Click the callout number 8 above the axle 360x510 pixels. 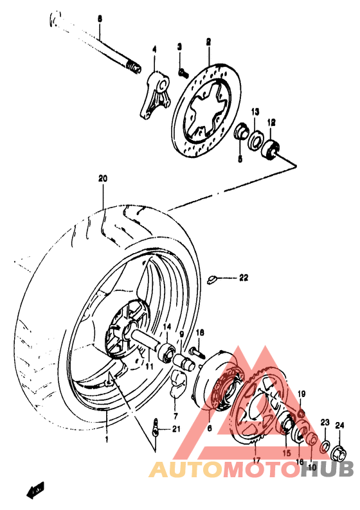[x=100, y=19]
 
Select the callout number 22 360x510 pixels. [x=243, y=278]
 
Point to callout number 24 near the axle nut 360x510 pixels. [x=339, y=424]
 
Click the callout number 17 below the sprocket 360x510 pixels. [x=255, y=460]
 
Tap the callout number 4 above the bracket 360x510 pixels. [x=154, y=49]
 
